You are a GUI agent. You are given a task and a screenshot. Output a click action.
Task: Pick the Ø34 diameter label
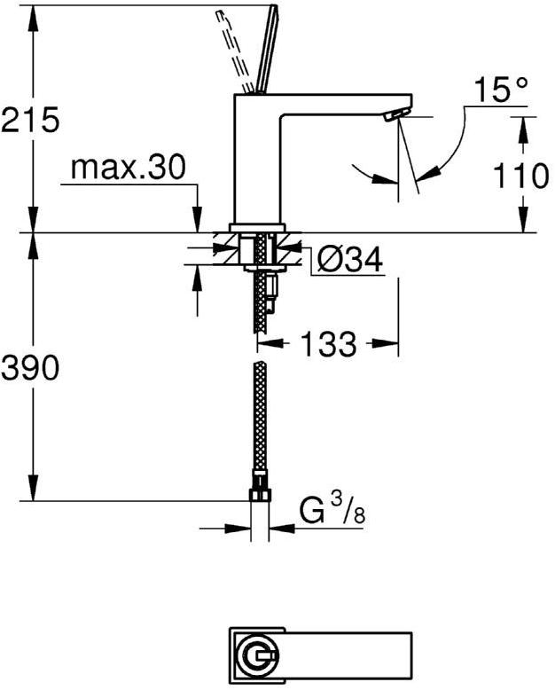pos(349,260)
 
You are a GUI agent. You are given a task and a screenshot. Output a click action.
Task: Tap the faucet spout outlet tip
pos(395,114)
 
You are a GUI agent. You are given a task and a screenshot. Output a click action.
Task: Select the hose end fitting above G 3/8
pos(259,490)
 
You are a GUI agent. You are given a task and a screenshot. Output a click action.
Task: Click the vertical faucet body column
pos(257,160)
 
